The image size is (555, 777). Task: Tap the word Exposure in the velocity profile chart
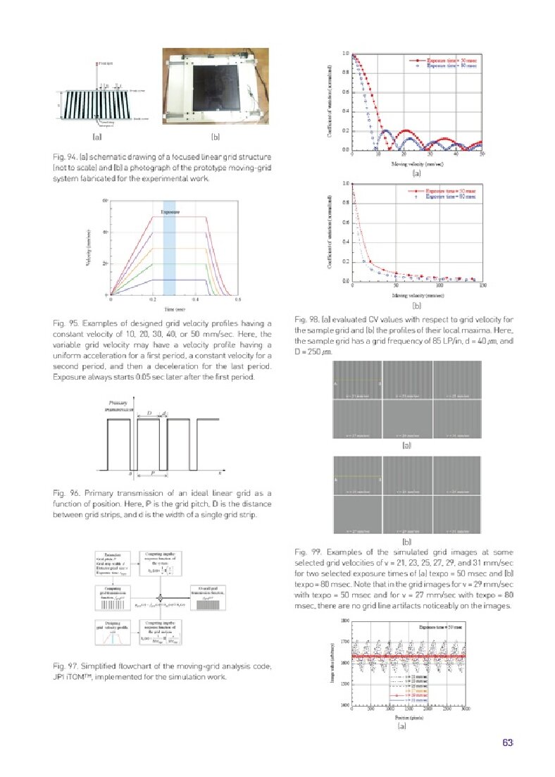coord(169,211)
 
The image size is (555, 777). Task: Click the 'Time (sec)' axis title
coord(175,309)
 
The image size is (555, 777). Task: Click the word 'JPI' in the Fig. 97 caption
coord(50,677)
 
